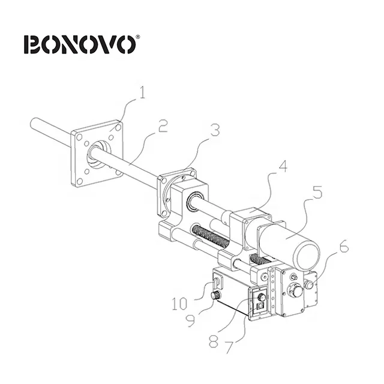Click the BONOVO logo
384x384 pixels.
81,44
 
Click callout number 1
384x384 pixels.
142,94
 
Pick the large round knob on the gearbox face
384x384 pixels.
295,291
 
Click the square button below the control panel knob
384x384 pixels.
259,305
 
